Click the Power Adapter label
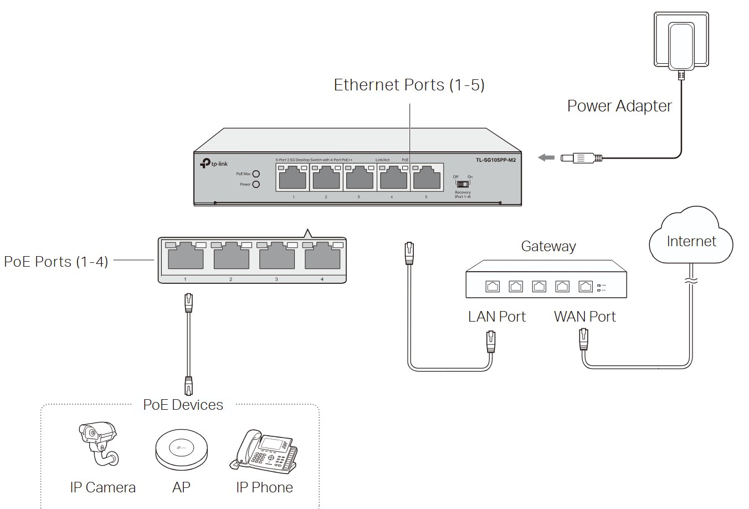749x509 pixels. [x=619, y=106]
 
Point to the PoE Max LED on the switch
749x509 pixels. [x=256, y=174]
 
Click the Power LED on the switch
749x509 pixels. [x=256, y=184]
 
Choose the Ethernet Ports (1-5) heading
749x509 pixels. [x=409, y=85]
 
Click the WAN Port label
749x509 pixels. [x=584, y=317]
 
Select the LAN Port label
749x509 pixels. [x=496, y=317]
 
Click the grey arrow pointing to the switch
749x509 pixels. [x=546, y=158]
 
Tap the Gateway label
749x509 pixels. [x=548, y=246]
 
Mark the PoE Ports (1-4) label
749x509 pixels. [x=56, y=261]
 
